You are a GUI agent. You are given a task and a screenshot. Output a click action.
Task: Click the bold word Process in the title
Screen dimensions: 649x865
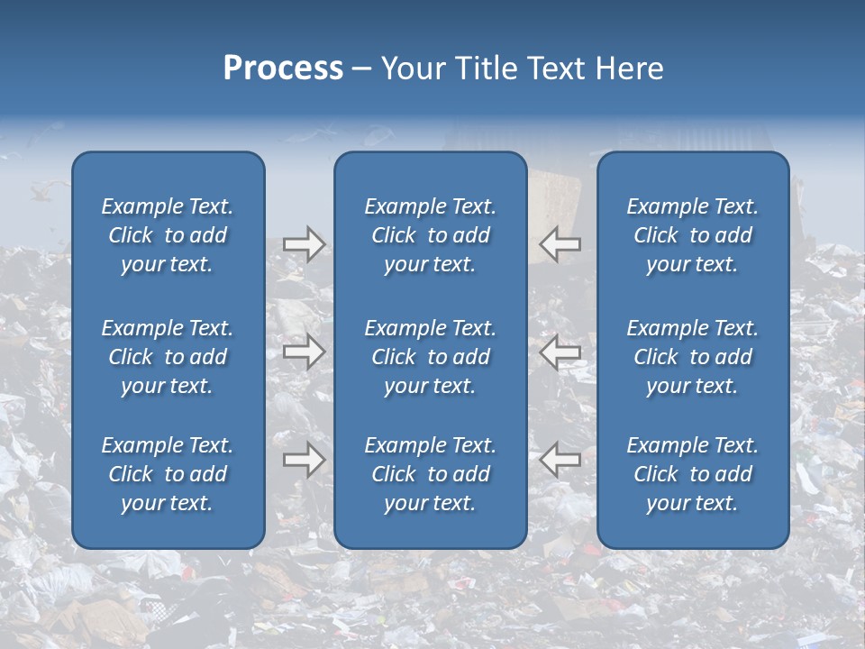pyautogui.click(x=283, y=69)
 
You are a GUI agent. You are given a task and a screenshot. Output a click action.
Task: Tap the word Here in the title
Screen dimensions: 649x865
pyautogui.click(x=629, y=69)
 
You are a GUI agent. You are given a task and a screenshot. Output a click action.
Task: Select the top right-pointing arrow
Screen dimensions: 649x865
pyautogui.click(x=304, y=244)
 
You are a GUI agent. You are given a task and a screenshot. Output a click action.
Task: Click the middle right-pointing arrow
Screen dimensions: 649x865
pyautogui.click(x=304, y=352)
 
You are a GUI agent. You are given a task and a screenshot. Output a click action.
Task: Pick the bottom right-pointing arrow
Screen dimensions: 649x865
pyautogui.click(x=304, y=460)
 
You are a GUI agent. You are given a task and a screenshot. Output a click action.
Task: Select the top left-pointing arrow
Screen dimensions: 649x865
pyautogui.click(x=560, y=244)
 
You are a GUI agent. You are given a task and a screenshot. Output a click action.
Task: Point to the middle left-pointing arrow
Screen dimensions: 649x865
pyautogui.click(x=560, y=352)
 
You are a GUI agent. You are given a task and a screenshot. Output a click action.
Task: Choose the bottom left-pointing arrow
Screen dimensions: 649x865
pyautogui.click(x=560, y=460)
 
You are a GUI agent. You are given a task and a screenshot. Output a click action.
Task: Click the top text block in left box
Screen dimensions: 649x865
pyautogui.click(x=168, y=235)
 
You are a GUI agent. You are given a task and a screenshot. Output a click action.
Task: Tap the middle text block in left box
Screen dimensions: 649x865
pyautogui.click(x=168, y=357)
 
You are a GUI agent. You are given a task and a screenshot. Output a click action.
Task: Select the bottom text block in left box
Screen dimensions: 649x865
pyautogui.click(x=168, y=474)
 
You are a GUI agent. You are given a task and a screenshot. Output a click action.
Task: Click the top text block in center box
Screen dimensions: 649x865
pyautogui.click(x=430, y=235)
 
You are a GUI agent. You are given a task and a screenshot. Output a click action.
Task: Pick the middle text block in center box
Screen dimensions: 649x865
pyautogui.click(x=430, y=357)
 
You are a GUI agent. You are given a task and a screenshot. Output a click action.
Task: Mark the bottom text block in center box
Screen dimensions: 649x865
pyautogui.click(x=430, y=474)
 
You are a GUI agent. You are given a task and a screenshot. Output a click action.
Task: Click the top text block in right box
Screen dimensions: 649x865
pyautogui.click(x=692, y=235)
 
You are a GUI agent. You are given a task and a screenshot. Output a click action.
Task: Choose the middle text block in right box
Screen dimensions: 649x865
pyautogui.click(x=692, y=357)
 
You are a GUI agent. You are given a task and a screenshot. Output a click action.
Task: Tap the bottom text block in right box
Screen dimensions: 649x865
pyautogui.click(x=692, y=474)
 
